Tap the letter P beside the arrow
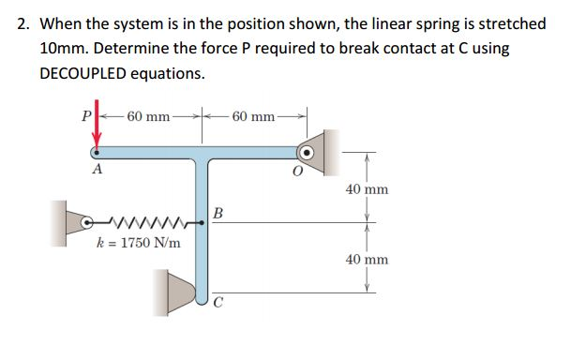[85, 118]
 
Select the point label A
[97, 172]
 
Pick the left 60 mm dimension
[148, 117]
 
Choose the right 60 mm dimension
[253, 117]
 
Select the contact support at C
[177, 292]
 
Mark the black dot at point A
[95, 151]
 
